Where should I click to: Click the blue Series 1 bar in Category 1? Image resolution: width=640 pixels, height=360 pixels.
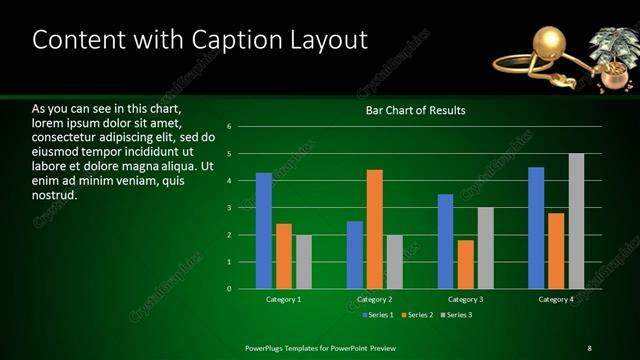[x=264, y=231]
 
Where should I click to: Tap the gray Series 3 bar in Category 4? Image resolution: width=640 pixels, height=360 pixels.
[x=576, y=221]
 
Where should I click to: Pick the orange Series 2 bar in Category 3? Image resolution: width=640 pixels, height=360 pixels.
[x=465, y=264]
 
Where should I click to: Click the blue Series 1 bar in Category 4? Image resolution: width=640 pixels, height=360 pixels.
[x=536, y=228]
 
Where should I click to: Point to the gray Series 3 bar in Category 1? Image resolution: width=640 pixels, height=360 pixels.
[x=303, y=262]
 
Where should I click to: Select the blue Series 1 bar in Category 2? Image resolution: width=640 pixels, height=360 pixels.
[x=355, y=255]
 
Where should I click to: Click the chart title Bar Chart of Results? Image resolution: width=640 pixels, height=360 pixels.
[x=415, y=111]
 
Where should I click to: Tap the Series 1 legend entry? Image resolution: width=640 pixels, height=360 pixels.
[x=376, y=315]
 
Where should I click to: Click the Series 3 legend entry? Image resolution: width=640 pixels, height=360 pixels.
[x=456, y=315]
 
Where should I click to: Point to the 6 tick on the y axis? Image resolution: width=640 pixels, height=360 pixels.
[x=230, y=127]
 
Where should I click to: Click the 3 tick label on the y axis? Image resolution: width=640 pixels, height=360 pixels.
[x=230, y=208]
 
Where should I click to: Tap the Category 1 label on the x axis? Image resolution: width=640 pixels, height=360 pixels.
[x=284, y=299]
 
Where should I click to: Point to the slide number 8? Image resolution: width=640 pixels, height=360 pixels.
[x=589, y=347]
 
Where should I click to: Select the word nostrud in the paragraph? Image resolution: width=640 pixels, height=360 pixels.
[x=55, y=196]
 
